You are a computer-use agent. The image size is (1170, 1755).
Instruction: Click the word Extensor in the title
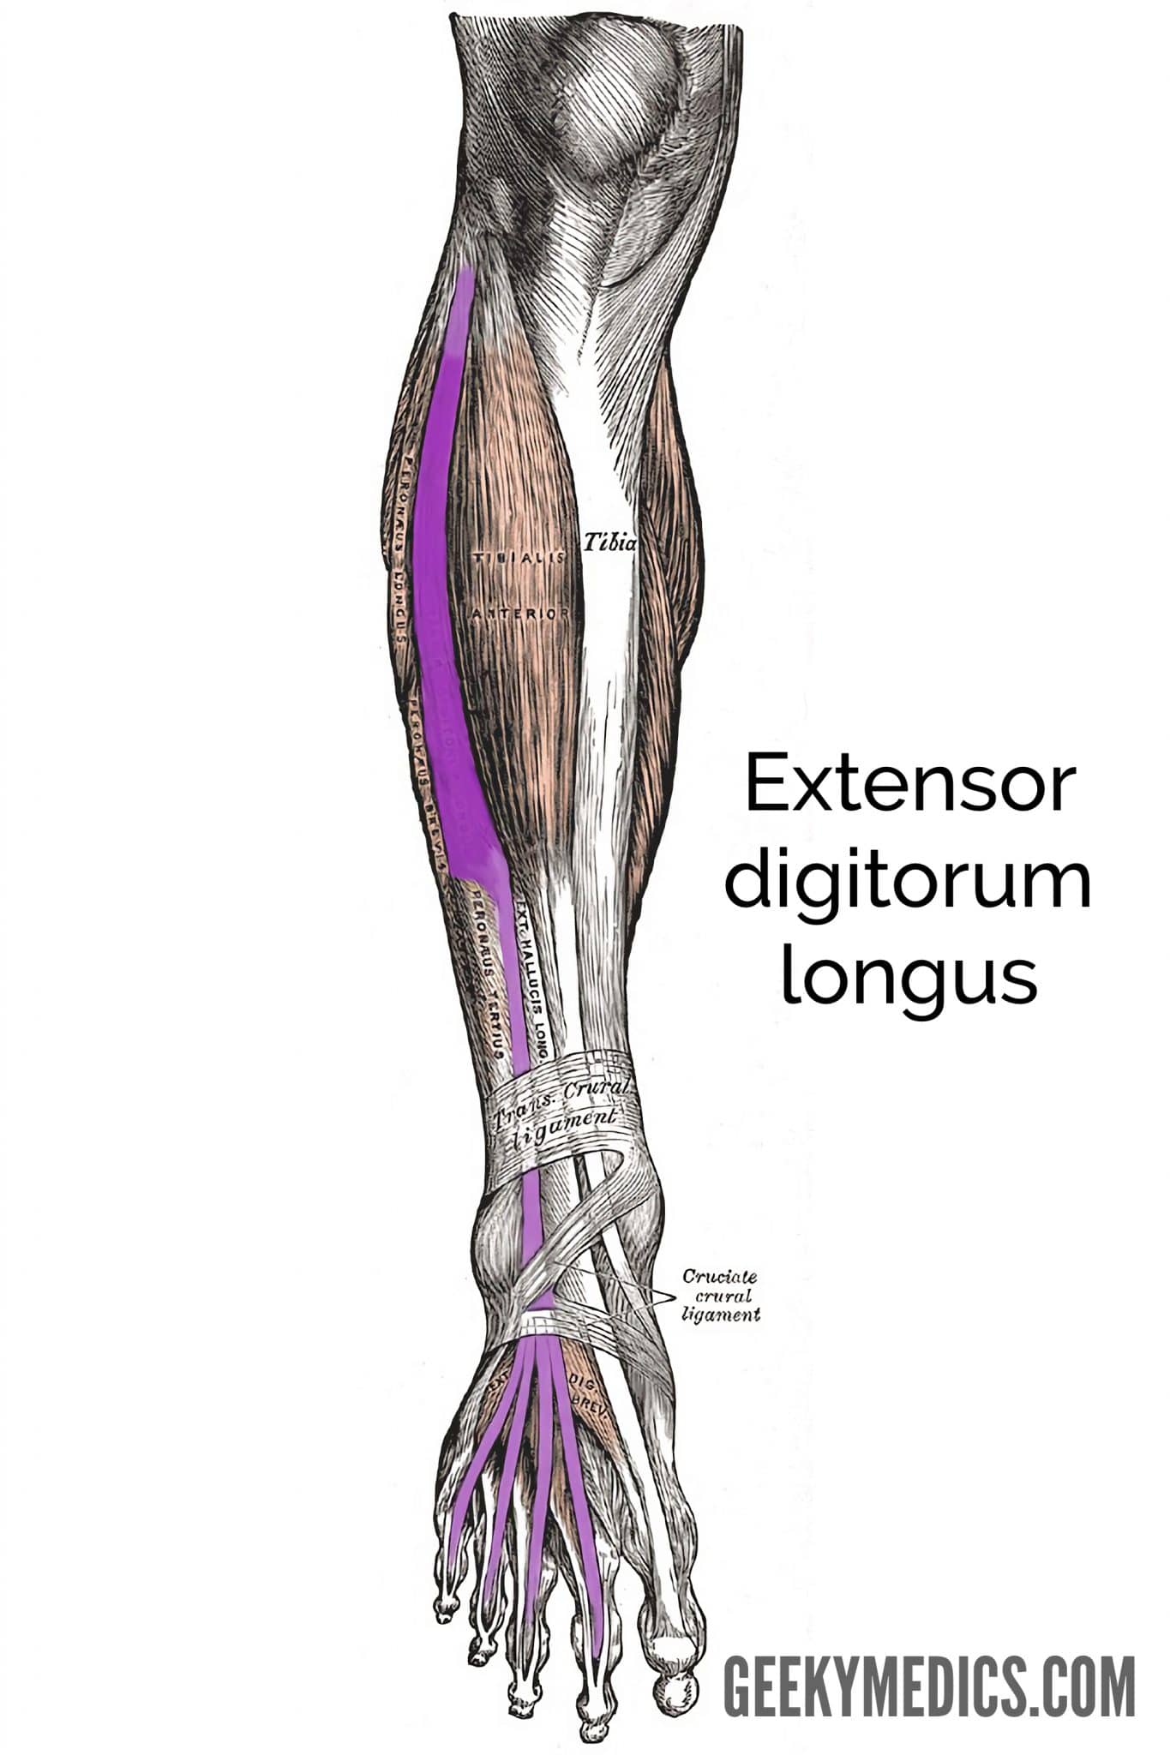click(x=909, y=784)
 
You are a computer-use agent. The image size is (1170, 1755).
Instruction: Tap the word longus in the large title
click(x=909, y=979)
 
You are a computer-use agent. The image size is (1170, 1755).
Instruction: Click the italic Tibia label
click(x=610, y=542)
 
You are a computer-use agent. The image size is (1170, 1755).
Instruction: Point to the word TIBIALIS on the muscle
click(x=518, y=557)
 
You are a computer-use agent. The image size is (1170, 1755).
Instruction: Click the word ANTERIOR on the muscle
click(x=519, y=614)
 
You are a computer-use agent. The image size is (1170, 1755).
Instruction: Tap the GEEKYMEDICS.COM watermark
click(x=929, y=1686)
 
